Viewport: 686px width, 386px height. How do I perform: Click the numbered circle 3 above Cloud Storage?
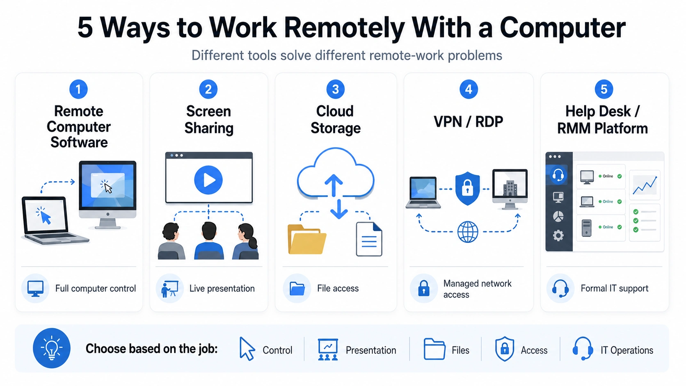(335, 89)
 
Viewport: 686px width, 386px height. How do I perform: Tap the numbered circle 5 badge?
(604, 89)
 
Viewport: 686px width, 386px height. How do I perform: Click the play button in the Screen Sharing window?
(208, 180)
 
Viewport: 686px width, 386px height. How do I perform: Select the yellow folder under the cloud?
(307, 240)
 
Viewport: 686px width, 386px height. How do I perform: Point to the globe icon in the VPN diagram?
(468, 232)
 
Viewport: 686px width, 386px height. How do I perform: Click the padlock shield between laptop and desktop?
(467, 188)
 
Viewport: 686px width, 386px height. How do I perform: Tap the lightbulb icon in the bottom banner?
(51, 348)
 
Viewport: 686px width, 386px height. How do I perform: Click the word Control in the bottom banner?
(277, 350)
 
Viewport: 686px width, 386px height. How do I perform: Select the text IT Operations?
(627, 350)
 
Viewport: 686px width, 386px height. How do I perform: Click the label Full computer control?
(96, 288)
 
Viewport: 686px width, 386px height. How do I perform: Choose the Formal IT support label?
(614, 288)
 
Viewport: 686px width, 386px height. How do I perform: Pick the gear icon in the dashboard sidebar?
(558, 235)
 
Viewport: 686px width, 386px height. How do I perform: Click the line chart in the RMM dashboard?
(645, 185)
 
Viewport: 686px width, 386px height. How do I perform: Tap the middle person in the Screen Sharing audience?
(209, 241)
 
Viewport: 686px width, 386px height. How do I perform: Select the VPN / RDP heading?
(468, 121)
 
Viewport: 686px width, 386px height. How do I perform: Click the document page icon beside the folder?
(369, 239)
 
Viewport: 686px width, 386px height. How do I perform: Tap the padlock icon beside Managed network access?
(424, 288)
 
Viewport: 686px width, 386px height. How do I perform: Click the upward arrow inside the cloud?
(334, 185)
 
